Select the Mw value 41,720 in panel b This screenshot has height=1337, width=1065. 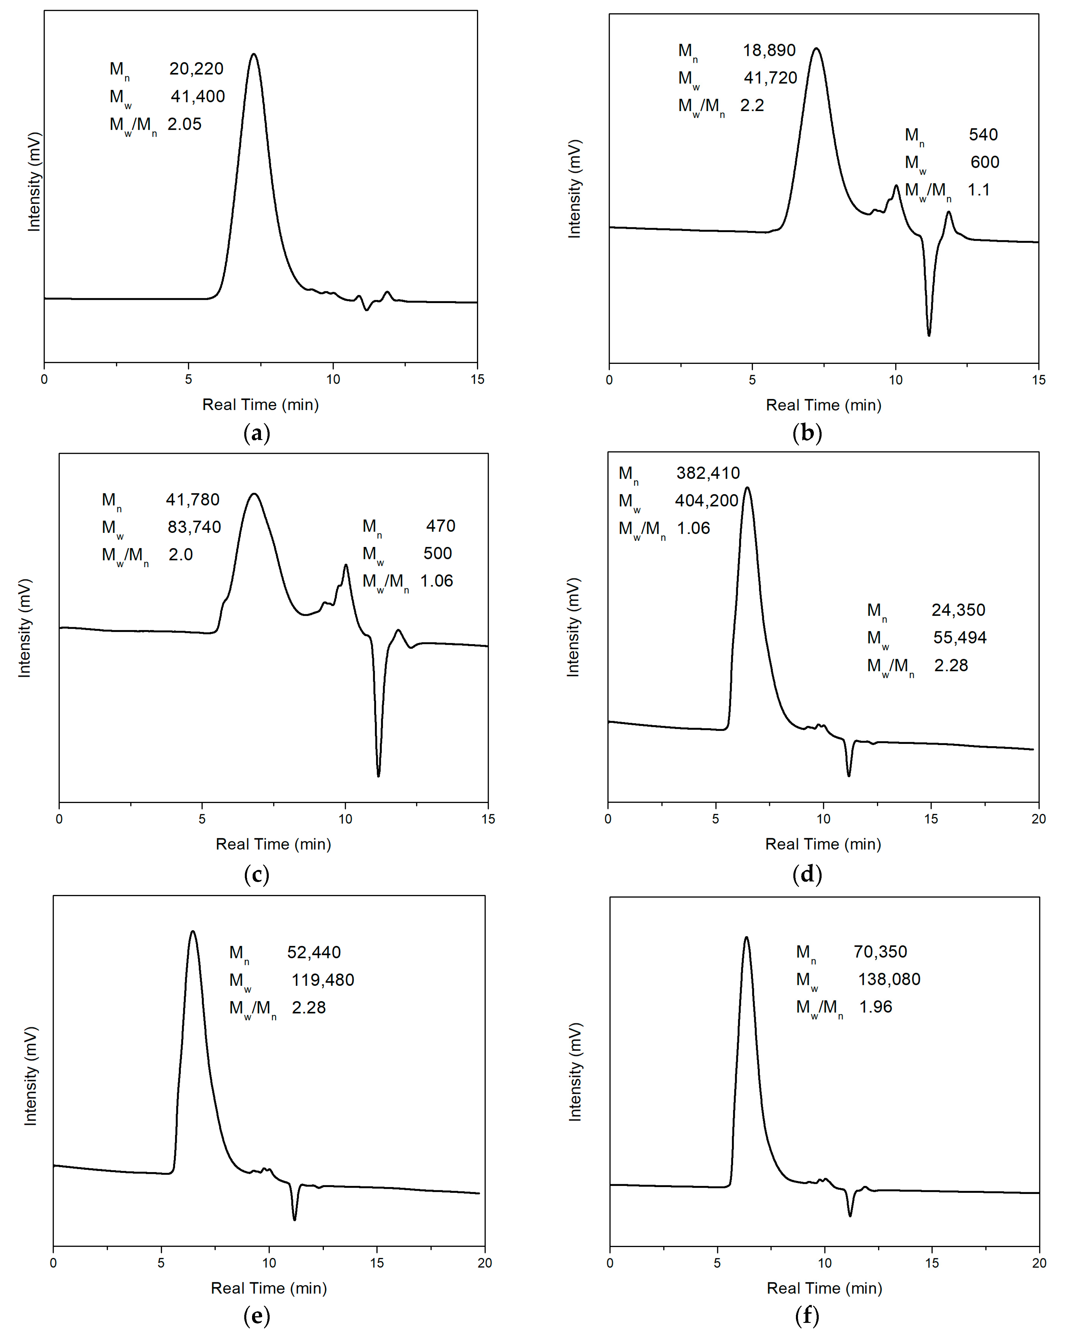point(770,78)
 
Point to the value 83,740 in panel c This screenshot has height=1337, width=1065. point(194,527)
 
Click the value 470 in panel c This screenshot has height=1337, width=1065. point(440,526)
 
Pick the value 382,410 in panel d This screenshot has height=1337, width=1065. point(708,473)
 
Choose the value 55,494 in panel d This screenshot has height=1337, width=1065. point(959,638)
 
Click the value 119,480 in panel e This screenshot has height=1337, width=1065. point(322,980)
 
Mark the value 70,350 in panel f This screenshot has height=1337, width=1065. point(880,951)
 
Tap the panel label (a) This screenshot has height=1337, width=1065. point(257,433)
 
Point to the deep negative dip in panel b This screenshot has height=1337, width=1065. point(929,335)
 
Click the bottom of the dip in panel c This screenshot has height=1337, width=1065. point(378,775)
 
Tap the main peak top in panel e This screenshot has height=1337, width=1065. point(193,931)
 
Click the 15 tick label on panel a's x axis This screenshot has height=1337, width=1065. point(477,379)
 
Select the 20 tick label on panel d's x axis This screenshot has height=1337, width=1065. point(1038,819)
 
